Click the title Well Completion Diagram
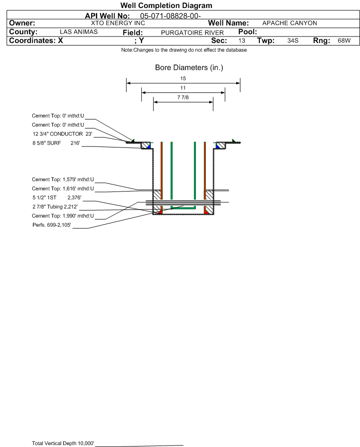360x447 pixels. coord(166,5)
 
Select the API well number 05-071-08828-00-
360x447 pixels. coord(170,16)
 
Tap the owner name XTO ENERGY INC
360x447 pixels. coord(118,23)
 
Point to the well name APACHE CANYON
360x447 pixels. coord(289,23)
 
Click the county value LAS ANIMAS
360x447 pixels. coord(79,32)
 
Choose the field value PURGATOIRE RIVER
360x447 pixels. coord(192,33)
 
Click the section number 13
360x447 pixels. coord(241,40)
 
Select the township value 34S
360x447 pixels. coord(293,40)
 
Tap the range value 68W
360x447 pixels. coord(344,40)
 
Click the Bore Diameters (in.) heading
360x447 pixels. coord(189,68)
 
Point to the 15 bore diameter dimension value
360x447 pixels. coord(183,78)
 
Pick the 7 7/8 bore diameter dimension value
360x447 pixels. coord(183,98)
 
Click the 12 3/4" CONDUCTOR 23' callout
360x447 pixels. coord(63,134)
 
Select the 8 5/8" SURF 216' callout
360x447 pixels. coord(56,143)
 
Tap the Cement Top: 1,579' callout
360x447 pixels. coord(63,180)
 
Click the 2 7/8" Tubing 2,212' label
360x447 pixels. coord(55,207)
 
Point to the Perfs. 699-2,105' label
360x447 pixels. coord(52,225)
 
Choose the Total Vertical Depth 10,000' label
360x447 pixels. coord(63,443)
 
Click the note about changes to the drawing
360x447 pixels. coord(184,50)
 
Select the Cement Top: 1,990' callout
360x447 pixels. coord(63,216)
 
